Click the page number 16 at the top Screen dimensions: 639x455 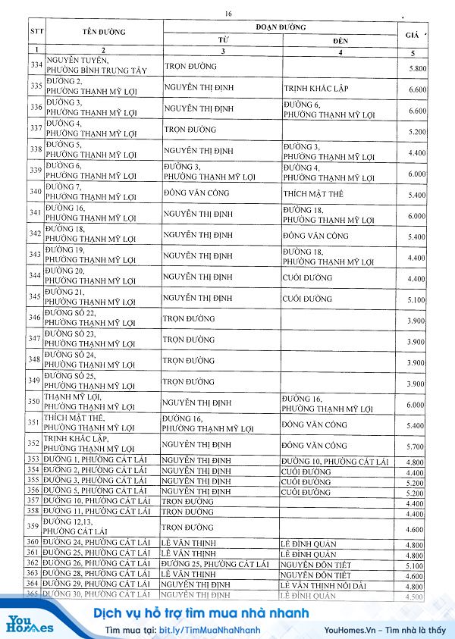(x=227, y=14)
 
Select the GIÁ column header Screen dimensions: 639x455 (x=413, y=34)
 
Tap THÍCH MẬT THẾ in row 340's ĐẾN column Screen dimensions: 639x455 (x=313, y=194)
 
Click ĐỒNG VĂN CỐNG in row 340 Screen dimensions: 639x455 (x=196, y=194)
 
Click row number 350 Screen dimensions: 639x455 (x=35, y=401)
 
